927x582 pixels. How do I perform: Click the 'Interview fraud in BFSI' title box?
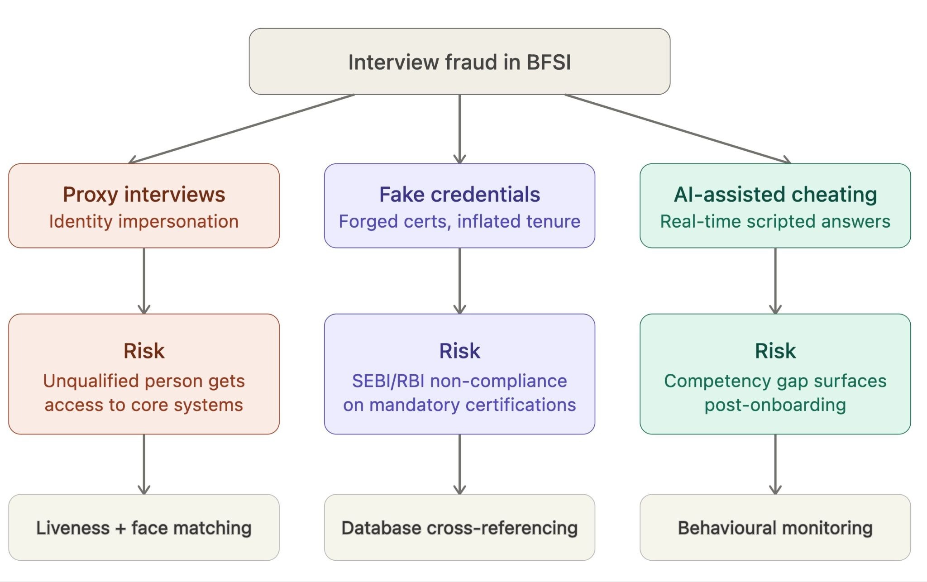click(x=459, y=62)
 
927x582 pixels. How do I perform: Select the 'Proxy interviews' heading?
click(x=144, y=195)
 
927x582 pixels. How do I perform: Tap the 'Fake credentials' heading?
click(x=459, y=195)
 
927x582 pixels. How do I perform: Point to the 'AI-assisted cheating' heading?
click(x=775, y=195)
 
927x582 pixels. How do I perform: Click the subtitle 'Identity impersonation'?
click(x=144, y=221)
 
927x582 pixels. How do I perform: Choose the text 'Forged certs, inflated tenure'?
click(x=459, y=221)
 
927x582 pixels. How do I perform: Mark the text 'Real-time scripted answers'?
click(x=775, y=221)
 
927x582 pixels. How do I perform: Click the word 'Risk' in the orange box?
click(x=144, y=351)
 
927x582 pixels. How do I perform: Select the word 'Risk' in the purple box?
click(x=459, y=351)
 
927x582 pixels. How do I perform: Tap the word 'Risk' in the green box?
click(x=775, y=351)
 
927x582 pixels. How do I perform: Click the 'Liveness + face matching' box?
click(x=144, y=527)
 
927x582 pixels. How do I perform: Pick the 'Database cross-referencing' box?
click(x=459, y=527)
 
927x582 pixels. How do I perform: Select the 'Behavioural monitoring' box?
click(x=775, y=527)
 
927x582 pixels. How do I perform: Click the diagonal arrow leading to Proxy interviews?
click(x=241, y=129)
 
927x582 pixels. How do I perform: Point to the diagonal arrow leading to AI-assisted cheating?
click(x=678, y=129)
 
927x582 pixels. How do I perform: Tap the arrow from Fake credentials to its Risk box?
click(x=459, y=281)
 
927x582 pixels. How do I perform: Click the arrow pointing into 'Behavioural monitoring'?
click(x=775, y=464)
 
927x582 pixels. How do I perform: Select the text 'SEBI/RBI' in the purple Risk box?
click(x=388, y=381)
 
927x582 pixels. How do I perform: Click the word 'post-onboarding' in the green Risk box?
click(x=775, y=405)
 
